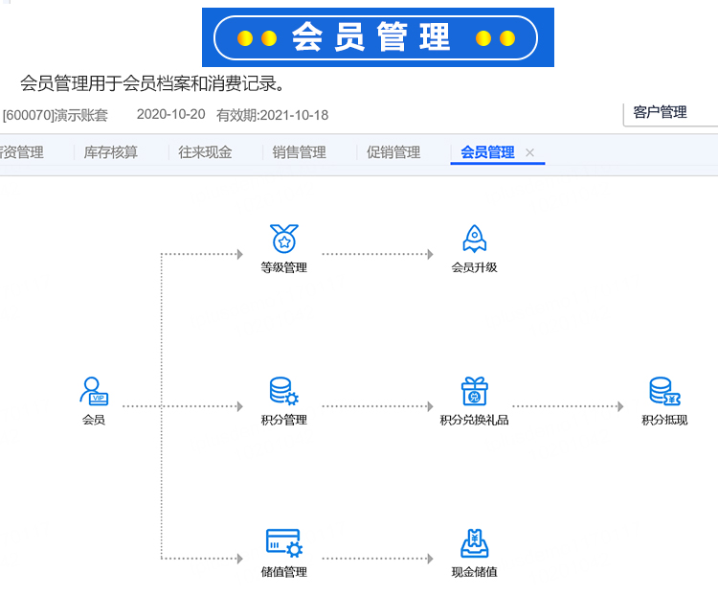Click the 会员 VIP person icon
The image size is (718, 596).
[94, 391]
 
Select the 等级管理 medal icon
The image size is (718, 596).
[284, 239]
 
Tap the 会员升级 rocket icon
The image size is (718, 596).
[475, 239]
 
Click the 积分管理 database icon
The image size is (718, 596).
[284, 391]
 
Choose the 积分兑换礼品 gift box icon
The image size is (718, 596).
[475, 391]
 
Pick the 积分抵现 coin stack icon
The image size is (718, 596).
[665, 391]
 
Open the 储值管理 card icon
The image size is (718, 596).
[284, 543]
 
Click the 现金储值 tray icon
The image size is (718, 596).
[475, 543]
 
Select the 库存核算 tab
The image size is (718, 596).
[111, 152]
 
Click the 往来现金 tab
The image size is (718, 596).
[205, 152]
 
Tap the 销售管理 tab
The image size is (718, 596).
[300, 152]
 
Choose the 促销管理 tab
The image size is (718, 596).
[393, 152]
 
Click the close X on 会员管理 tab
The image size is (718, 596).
[529, 152]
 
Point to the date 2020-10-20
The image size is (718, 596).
[170, 115]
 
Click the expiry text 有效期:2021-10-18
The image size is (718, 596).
[273, 115]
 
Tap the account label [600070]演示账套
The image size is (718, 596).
[55, 115]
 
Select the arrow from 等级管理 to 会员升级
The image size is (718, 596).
[378, 254]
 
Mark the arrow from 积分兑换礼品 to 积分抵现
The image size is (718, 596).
[569, 406]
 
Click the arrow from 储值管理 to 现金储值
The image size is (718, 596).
[378, 559]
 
